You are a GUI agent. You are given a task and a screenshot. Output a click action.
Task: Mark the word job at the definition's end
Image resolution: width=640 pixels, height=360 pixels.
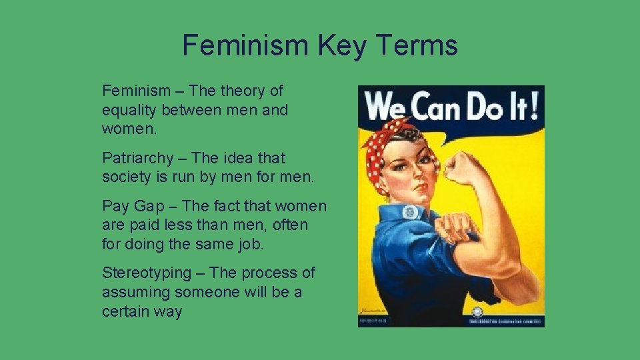250,244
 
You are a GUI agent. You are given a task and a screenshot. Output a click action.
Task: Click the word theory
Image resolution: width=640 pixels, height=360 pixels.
243,91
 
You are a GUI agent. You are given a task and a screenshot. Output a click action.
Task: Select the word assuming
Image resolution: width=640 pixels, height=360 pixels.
135,292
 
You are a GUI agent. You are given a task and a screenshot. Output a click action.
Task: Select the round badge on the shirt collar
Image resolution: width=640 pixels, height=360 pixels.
410,212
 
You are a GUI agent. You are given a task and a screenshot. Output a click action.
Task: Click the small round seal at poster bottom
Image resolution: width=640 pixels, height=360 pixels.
477,311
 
